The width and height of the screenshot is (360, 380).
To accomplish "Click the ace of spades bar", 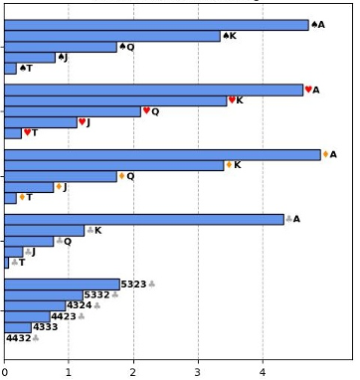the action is click(x=156, y=25).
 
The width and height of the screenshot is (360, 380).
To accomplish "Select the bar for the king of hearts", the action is click(x=115, y=101).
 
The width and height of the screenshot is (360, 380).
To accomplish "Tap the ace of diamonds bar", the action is click(x=162, y=155).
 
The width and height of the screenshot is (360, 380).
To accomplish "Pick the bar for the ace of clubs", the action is click(x=144, y=220).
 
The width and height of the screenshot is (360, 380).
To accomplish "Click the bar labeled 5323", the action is click(x=62, y=285).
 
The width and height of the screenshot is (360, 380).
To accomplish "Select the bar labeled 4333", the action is click(x=18, y=327).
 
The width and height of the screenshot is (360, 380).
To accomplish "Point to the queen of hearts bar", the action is click(x=73, y=111).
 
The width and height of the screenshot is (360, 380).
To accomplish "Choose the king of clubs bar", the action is click(x=45, y=231).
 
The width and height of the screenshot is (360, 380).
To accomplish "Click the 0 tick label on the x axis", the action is click(x=4, y=372).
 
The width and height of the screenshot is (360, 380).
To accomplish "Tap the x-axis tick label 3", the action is click(x=198, y=372).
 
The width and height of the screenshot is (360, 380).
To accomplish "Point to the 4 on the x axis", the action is click(x=263, y=372).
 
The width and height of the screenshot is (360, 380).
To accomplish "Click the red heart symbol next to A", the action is click(x=308, y=90).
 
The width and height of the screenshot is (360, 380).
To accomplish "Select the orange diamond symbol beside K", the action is click(x=229, y=164).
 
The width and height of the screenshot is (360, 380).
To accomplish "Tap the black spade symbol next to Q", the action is click(x=122, y=46).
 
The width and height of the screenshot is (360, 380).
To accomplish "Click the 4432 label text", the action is click(x=19, y=338).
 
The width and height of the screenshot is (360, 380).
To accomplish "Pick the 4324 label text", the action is click(x=80, y=305).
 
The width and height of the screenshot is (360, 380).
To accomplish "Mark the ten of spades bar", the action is click(x=10, y=69).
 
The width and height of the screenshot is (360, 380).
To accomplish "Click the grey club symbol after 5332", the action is click(x=115, y=294).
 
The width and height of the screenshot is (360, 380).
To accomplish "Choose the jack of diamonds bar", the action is click(x=29, y=187).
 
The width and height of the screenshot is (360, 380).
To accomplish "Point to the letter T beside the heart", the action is click(x=35, y=133).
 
